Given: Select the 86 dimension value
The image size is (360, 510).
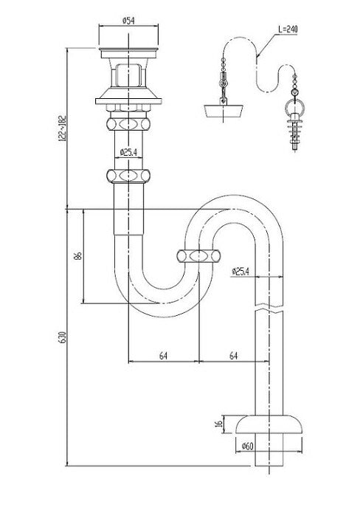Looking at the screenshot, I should click(x=77, y=256).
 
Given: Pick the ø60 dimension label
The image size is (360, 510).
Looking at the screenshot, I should click(x=249, y=445).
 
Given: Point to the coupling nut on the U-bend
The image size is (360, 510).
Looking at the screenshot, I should click(x=199, y=258).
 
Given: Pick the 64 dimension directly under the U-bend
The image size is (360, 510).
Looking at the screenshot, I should click(x=163, y=356).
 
